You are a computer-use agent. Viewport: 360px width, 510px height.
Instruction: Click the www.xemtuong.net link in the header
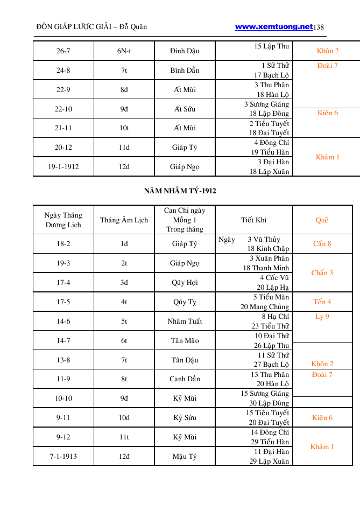click(274, 26)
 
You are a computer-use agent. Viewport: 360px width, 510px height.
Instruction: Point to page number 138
click(318, 27)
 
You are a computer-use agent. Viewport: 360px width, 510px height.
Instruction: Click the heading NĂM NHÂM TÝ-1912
click(180, 191)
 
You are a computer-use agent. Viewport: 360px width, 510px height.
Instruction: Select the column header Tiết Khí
click(253, 220)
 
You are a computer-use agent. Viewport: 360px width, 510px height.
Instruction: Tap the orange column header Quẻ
click(322, 220)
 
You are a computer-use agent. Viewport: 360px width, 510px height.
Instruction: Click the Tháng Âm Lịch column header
click(124, 220)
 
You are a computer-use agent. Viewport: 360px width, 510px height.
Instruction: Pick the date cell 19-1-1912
click(63, 166)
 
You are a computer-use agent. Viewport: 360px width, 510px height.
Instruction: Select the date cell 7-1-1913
click(63, 457)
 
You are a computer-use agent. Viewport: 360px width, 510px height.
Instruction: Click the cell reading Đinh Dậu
click(185, 51)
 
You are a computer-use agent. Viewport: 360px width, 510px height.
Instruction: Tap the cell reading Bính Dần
click(185, 71)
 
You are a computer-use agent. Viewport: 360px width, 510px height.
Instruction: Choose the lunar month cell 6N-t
click(124, 51)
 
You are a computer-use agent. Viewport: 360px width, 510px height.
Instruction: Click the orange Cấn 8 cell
click(322, 243)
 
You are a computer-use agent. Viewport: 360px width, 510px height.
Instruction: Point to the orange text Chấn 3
click(322, 273)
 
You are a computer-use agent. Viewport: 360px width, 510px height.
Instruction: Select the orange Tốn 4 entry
click(322, 302)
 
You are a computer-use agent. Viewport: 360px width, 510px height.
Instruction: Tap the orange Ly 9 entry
click(322, 317)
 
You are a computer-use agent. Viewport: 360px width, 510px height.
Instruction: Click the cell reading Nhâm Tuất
click(185, 322)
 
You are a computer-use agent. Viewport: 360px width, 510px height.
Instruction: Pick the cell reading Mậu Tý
click(185, 457)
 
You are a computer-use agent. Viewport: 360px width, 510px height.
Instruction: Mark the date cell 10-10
click(63, 399)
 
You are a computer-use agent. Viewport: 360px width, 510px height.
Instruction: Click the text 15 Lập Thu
click(272, 46)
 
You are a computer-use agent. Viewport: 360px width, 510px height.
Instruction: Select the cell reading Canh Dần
click(185, 379)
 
